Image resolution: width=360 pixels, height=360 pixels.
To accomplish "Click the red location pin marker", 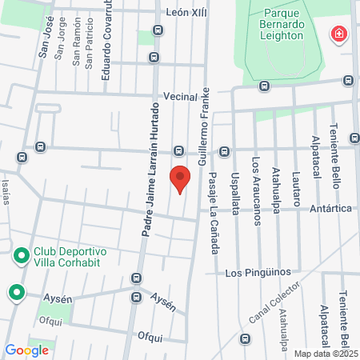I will point(181,178).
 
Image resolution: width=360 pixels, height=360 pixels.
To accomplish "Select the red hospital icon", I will point(339,34).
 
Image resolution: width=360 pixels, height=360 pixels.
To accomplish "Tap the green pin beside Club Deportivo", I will point(21,257).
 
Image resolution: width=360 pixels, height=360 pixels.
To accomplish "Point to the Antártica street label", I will point(330,209).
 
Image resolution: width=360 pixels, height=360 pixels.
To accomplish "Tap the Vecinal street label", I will point(179,96).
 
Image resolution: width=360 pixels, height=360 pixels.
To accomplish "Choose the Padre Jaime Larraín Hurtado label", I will point(147,172).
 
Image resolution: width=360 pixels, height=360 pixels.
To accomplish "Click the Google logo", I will point(26,350).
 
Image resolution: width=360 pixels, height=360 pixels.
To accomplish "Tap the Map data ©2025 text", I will point(326,353).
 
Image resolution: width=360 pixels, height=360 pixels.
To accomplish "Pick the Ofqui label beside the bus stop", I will point(150,337).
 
